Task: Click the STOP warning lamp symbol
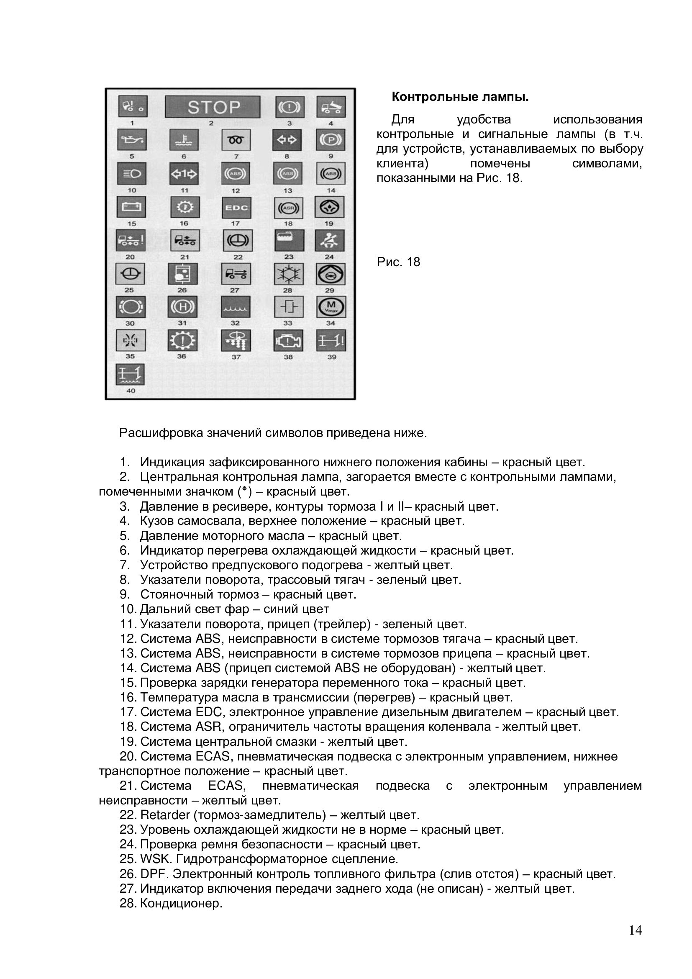212,107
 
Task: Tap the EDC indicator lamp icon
236,208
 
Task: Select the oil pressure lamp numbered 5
132,140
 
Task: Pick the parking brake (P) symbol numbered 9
331,140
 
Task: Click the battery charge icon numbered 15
131,207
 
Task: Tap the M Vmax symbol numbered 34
331,307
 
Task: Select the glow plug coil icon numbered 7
236,140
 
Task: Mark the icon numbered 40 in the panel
131,374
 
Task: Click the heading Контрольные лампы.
460,97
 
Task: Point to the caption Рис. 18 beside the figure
398,262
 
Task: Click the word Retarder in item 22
165,815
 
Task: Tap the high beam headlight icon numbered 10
132,174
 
